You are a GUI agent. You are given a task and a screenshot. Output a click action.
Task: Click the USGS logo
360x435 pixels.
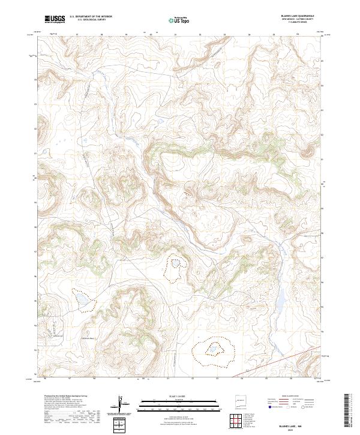tap(55, 19)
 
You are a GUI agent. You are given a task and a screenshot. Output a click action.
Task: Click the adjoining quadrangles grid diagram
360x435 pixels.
tap(240, 422)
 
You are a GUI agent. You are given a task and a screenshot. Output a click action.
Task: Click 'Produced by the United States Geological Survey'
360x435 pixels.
tap(65, 397)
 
